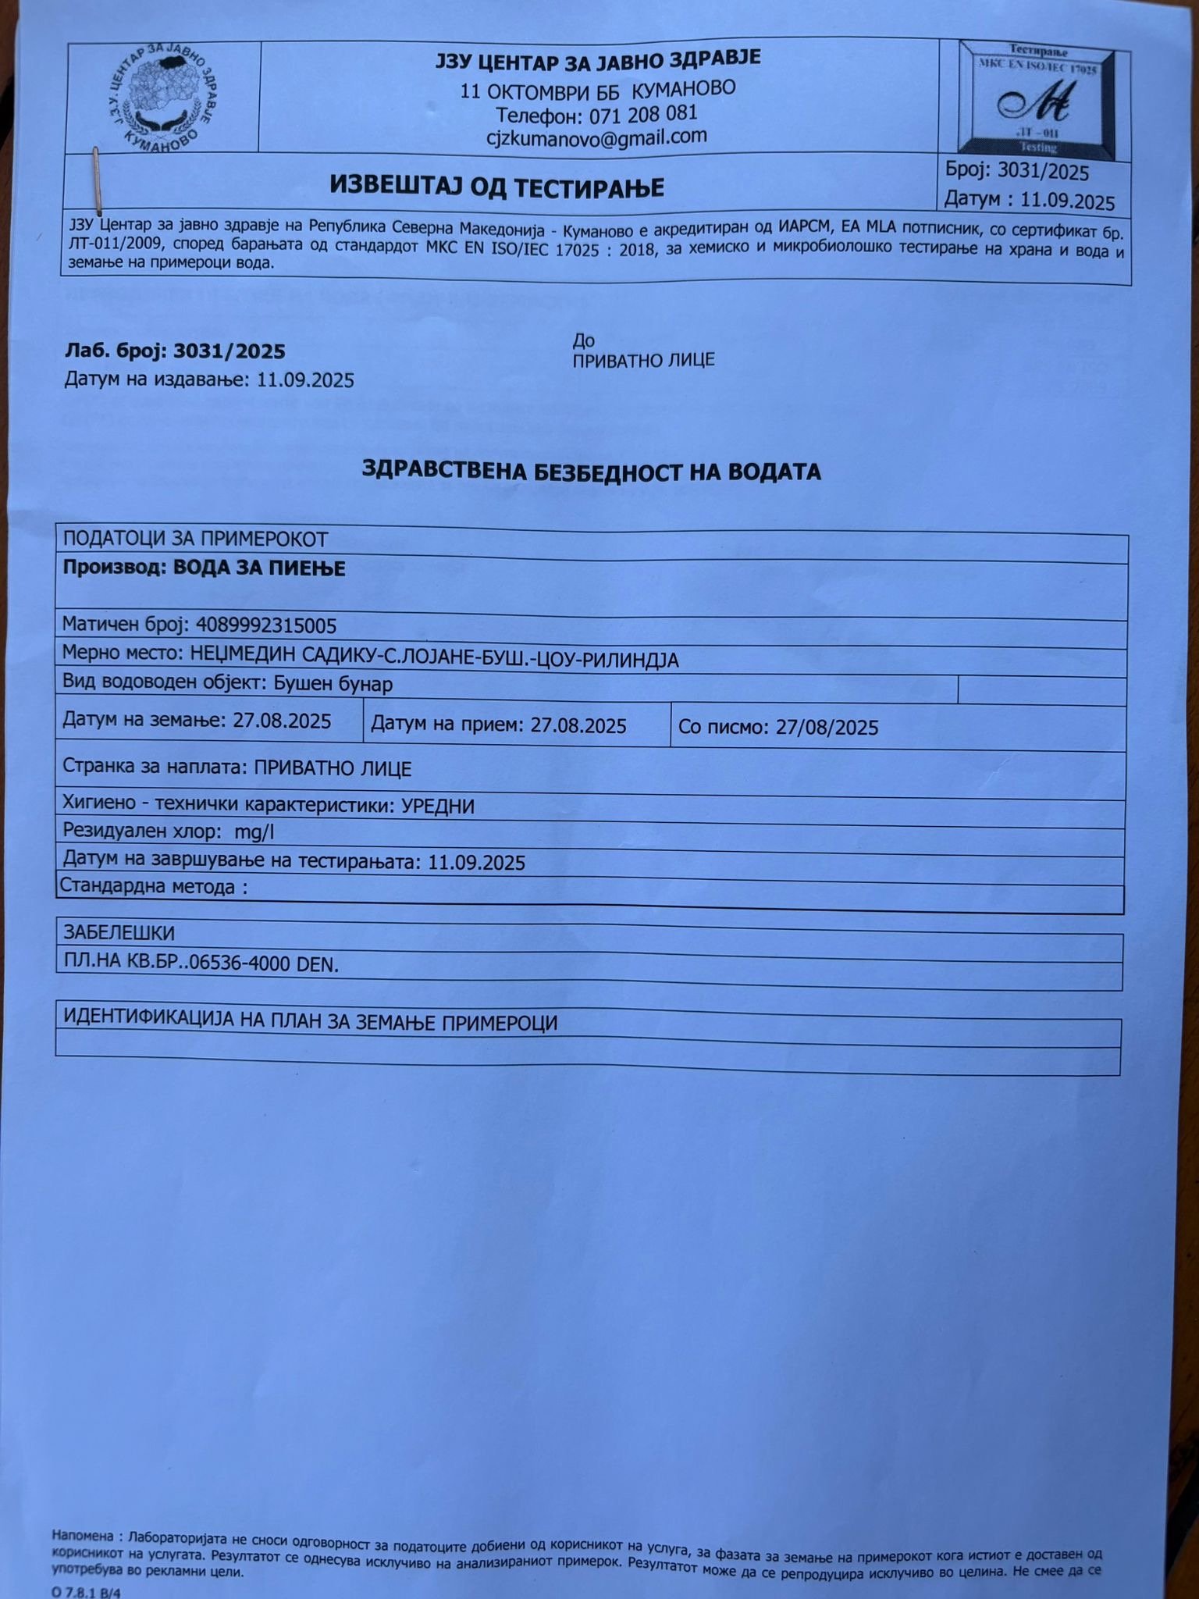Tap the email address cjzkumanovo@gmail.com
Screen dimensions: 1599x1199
click(597, 137)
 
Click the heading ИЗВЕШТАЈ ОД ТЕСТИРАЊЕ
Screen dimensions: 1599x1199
click(496, 187)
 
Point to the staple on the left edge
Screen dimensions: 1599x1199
click(96, 181)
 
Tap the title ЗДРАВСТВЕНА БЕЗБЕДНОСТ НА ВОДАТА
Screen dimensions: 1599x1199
click(591, 471)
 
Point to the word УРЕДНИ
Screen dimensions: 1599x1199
click(437, 806)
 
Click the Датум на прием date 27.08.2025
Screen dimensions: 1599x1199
click(578, 725)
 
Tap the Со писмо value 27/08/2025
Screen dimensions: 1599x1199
click(826, 728)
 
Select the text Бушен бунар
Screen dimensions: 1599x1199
click(333, 684)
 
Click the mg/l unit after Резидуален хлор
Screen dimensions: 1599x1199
click(254, 832)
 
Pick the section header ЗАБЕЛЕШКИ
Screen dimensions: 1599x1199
click(119, 932)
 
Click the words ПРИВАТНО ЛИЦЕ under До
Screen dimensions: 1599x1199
click(643, 360)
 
